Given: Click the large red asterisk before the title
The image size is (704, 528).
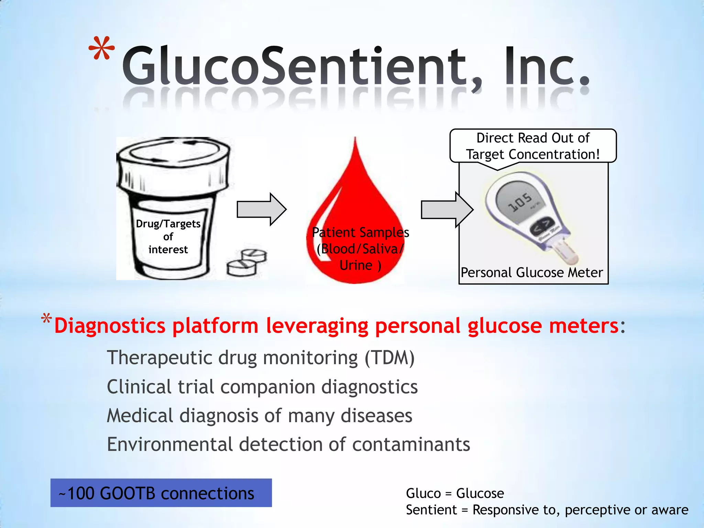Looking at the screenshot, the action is coord(101,49).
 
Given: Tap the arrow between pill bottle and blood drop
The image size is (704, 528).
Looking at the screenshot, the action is coord(261,209).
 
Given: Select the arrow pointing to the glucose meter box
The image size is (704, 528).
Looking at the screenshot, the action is coord(447,209).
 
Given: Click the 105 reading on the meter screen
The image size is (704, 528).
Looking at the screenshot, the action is coord(520,202).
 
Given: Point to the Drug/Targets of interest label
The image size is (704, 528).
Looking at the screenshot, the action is coord(168,236).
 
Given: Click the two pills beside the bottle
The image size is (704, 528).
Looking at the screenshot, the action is coord(247,262).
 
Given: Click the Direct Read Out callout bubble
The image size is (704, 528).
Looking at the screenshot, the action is coord(533,146).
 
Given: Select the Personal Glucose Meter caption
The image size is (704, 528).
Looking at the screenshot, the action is coord(532,273).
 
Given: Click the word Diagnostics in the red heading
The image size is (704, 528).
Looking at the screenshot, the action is coord(110,326).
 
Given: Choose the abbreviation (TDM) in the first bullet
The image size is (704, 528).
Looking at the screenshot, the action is coord(389,357).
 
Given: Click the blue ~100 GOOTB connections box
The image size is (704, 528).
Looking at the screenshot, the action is coord(161,493).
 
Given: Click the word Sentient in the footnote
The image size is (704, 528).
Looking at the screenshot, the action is coord(431,510).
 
